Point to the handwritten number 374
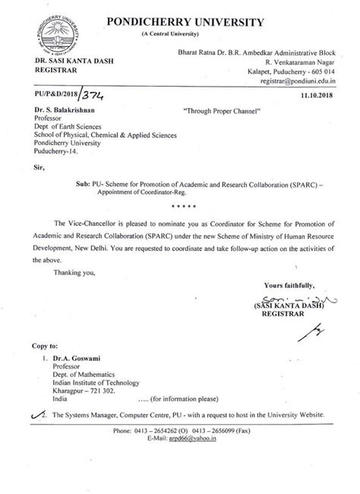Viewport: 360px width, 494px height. [x=93, y=97]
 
